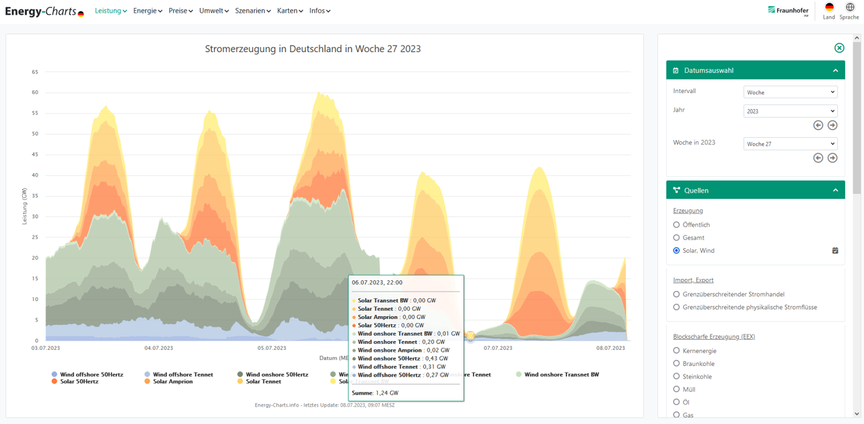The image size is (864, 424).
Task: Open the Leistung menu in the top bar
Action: [x=110, y=11]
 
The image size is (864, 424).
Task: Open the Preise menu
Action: [x=181, y=11]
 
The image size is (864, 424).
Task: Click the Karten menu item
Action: [x=290, y=11]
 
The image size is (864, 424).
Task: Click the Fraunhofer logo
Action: [x=788, y=10]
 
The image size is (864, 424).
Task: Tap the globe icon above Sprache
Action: [x=849, y=7]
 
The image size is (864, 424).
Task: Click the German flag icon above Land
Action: [x=829, y=7]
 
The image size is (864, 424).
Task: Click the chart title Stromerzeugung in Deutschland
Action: [x=312, y=49]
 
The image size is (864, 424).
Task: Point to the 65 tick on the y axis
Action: [x=35, y=72]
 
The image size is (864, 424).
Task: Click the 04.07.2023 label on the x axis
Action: [x=158, y=348]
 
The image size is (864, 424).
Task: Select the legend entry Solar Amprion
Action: [x=173, y=381]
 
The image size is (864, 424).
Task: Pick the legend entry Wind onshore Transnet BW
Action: [x=561, y=375]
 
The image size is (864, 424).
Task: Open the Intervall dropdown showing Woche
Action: [x=790, y=92]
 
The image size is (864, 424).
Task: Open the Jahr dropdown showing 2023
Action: [x=790, y=111]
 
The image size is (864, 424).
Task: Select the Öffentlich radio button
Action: [x=677, y=225]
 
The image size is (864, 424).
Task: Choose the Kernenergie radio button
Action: [x=677, y=350]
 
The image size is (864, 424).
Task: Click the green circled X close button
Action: [x=839, y=48]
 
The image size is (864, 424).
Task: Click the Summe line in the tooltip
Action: [x=374, y=393]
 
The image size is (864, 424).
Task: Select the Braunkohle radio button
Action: [x=677, y=364]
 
